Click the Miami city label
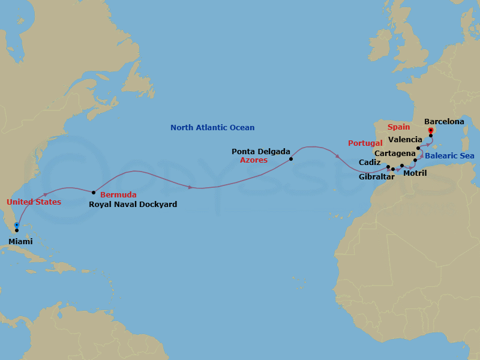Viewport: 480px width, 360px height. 21,241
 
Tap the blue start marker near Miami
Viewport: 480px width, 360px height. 16,226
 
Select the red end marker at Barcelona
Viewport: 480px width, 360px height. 431,130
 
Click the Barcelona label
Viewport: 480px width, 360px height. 444,122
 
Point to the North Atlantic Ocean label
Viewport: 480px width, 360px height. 212,128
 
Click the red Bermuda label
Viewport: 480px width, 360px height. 118,195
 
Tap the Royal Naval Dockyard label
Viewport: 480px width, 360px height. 133,205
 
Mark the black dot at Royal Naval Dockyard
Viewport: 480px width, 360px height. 94,193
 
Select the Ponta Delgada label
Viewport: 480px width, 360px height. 261,152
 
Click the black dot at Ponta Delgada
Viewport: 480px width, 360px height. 291,159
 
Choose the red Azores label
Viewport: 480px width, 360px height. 254,161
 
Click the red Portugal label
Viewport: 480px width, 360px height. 365,143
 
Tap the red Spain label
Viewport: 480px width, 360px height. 399,128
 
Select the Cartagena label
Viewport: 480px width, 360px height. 395,154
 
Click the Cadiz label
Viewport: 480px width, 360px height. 369,163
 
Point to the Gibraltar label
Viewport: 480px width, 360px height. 377,177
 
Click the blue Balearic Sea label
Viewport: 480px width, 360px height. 450,156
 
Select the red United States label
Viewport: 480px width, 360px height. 34,202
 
